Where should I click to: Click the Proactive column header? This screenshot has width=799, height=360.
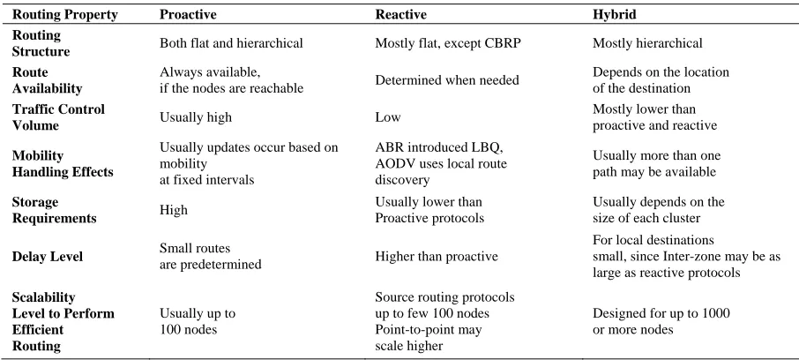(188, 15)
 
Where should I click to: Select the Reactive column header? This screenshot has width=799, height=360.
(401, 15)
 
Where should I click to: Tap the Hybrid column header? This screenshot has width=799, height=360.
(615, 15)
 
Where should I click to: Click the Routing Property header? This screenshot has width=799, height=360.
(64, 15)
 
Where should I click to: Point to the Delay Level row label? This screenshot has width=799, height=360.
(48, 256)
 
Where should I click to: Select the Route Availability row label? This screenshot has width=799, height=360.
(47, 80)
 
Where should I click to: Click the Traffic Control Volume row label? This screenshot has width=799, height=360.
(58, 117)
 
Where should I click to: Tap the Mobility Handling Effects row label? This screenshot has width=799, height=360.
(63, 164)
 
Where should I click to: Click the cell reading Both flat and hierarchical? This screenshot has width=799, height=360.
(231, 43)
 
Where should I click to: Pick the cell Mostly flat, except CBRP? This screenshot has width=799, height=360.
(448, 43)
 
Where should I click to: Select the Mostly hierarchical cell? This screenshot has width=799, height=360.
(647, 43)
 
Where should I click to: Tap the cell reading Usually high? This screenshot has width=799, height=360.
(196, 117)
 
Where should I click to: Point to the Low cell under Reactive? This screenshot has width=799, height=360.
(388, 117)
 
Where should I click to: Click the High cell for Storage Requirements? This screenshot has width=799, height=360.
(173, 210)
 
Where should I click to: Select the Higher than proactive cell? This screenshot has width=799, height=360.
(437, 256)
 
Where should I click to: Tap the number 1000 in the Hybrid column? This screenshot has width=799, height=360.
(715, 313)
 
